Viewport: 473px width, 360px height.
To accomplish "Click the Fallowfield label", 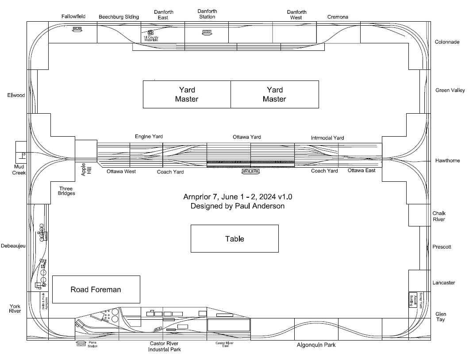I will click(73, 16).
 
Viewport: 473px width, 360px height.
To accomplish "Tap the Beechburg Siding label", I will click(119, 17).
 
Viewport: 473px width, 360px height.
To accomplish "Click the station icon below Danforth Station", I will click(207, 32).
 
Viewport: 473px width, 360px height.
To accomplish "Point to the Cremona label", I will click(338, 17).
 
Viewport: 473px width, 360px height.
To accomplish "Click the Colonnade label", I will click(447, 42).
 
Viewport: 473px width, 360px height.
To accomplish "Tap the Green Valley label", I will click(450, 90).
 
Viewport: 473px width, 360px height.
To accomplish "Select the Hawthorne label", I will click(447, 161).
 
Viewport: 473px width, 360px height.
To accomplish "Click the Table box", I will click(235, 239).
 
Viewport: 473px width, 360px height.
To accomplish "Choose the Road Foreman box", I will click(96, 290).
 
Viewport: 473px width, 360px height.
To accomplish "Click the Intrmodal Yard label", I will click(327, 138).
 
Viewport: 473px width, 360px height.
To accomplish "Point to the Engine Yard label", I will click(149, 137).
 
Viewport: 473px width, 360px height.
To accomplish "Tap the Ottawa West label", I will click(121, 171).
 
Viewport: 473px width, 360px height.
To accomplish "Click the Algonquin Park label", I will click(316, 345).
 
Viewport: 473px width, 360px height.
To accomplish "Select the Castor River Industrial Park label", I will click(164, 346).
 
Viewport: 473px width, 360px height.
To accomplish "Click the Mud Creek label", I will click(19, 170).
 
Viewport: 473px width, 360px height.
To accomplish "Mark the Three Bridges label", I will click(66, 191).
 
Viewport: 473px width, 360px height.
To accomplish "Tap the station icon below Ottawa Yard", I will click(250, 171).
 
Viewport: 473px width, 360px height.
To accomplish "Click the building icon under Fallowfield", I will click(77, 29).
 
